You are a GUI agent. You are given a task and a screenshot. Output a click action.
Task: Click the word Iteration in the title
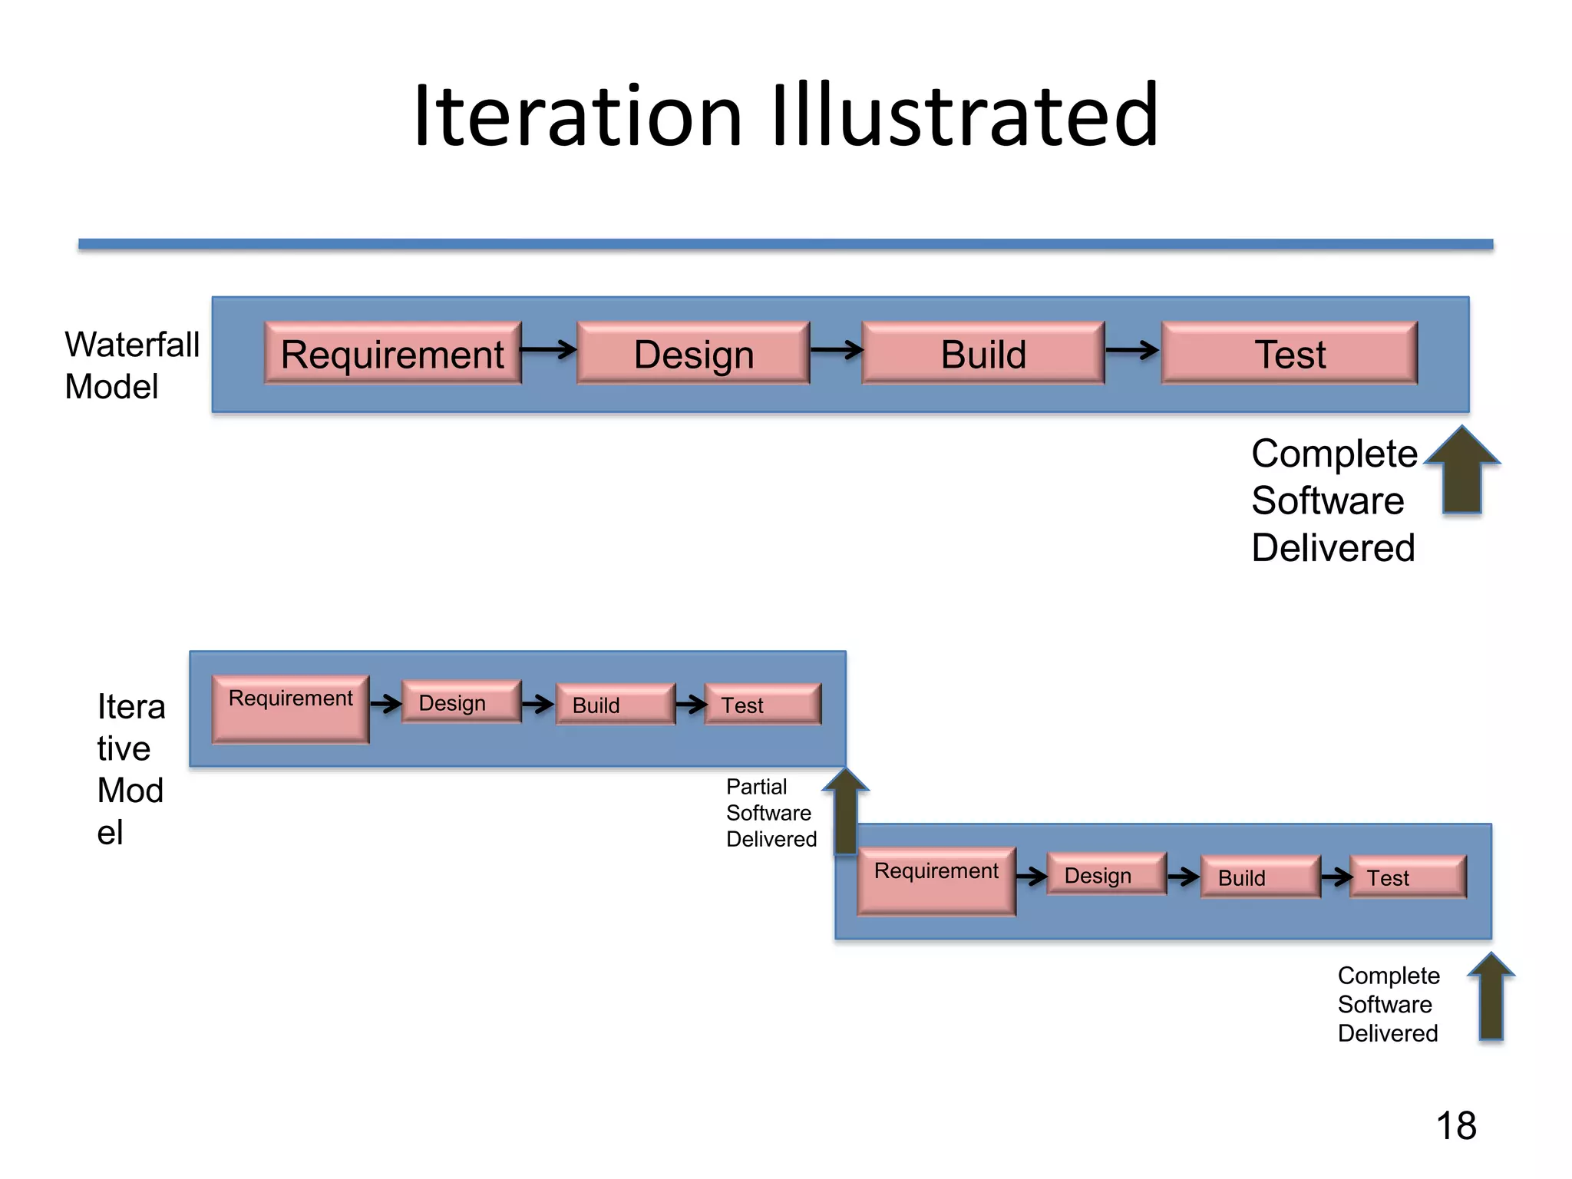click(577, 117)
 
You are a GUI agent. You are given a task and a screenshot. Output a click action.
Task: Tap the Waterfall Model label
click(131, 365)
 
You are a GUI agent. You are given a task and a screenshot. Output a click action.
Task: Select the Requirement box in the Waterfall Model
click(392, 354)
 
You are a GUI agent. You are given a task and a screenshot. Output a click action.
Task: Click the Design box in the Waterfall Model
click(693, 354)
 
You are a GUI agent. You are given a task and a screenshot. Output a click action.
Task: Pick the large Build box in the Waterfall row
click(983, 354)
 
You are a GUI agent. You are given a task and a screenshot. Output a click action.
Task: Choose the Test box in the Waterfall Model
click(1290, 354)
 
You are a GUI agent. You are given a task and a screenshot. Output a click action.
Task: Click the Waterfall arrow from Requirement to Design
click(548, 350)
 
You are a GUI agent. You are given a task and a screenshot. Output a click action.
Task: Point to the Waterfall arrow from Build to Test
click(1132, 350)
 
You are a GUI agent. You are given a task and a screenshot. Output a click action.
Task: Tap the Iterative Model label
click(130, 768)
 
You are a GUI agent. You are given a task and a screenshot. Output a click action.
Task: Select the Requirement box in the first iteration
click(291, 708)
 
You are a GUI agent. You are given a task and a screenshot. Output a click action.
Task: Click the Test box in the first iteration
click(762, 705)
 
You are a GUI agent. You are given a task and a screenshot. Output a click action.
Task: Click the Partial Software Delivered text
click(770, 813)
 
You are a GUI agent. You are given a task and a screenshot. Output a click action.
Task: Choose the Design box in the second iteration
click(1106, 875)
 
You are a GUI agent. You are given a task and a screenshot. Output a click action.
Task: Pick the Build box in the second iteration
click(1260, 877)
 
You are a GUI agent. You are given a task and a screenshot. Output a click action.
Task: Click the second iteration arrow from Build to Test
click(1336, 876)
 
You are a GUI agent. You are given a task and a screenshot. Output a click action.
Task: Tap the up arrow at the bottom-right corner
click(1491, 997)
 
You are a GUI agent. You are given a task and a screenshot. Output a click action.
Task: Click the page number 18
click(1455, 1126)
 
